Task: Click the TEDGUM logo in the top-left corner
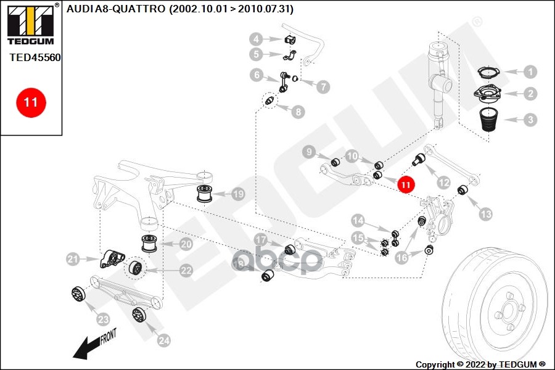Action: (x=30, y=25)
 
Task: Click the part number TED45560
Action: (x=35, y=57)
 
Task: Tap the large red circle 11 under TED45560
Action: (x=31, y=102)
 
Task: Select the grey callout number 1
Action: (x=530, y=72)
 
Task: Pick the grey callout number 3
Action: (x=530, y=120)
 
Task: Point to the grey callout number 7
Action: (x=323, y=87)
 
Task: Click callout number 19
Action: (x=237, y=194)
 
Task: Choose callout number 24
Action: (x=163, y=339)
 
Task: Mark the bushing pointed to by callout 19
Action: (x=204, y=192)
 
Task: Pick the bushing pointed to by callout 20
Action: (x=150, y=243)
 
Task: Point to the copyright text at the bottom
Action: (x=480, y=364)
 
